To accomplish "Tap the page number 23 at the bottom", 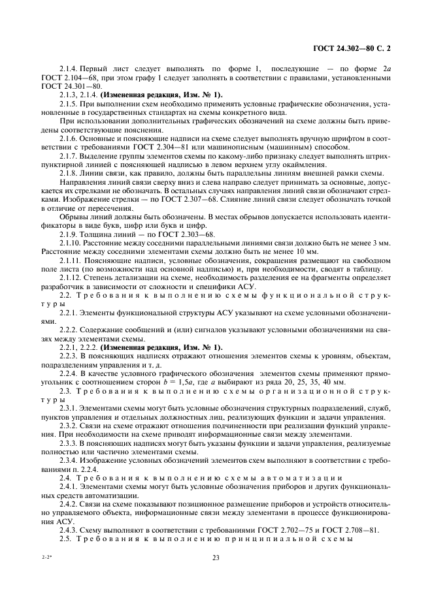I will (215, 557).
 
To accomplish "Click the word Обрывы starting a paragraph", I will (73, 217).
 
